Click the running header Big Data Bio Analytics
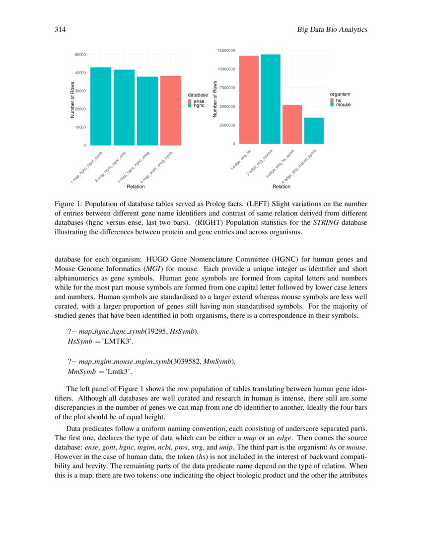tap(332, 30)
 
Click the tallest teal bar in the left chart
tap(101, 106)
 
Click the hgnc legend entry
tap(199, 106)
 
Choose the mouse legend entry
tap(343, 105)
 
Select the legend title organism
tap(340, 94)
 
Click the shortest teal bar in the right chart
tap(314, 131)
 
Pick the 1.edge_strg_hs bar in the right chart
tap(249, 99)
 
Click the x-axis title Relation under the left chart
tap(136, 186)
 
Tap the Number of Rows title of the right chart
tap(215, 99)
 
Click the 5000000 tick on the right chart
tap(226, 106)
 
